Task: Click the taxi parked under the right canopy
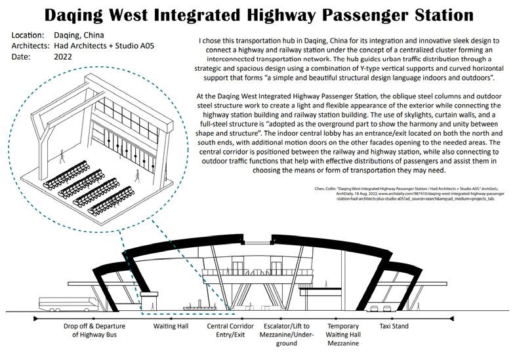pyautogui.click(x=375, y=308)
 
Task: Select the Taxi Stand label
pyautogui.click(x=394, y=326)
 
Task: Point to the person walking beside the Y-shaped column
pyautogui.click(x=63, y=156)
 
